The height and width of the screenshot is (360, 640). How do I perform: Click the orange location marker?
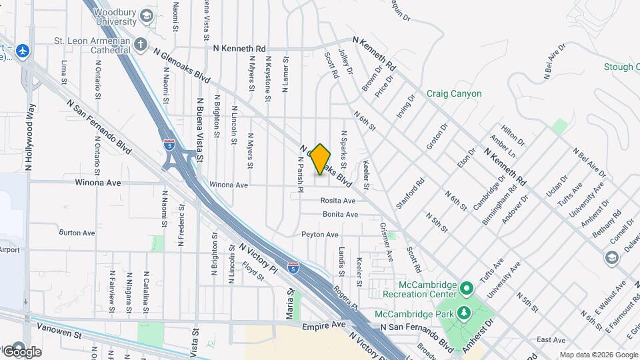(x=321, y=159)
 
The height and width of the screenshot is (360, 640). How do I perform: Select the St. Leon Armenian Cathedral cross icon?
(x=140, y=45)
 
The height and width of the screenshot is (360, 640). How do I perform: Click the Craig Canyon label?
(x=453, y=94)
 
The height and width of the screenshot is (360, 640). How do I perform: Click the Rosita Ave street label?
(x=337, y=201)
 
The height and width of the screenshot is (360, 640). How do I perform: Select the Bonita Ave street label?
(x=340, y=215)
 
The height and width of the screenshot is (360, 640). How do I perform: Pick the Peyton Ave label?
(x=320, y=235)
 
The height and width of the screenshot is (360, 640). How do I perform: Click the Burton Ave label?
(x=77, y=233)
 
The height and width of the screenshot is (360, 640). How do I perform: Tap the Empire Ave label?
(x=323, y=327)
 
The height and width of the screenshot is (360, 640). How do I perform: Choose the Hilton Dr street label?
(x=513, y=137)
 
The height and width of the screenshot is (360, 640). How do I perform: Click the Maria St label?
(x=290, y=303)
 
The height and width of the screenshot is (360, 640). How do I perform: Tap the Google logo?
(x=22, y=351)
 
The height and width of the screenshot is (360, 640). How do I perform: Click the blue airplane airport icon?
(x=23, y=50)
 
